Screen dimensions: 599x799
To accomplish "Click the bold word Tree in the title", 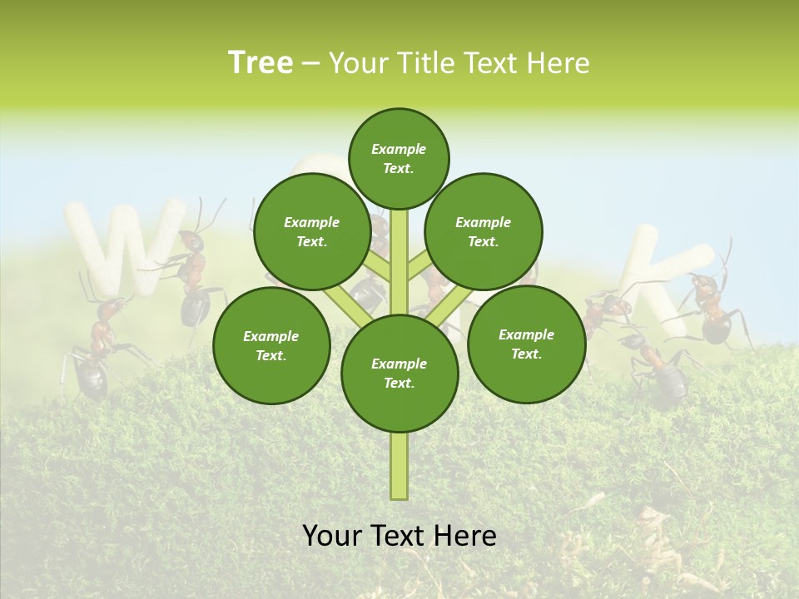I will click(261, 63).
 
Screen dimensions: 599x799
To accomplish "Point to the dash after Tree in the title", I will click(310, 64).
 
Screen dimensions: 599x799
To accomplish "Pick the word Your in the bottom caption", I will click(332, 536).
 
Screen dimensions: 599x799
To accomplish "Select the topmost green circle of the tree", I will click(399, 158).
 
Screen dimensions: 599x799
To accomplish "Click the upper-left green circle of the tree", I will click(312, 231).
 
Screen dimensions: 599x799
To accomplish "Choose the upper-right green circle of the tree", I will click(484, 231).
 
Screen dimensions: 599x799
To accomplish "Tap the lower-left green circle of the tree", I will click(271, 345).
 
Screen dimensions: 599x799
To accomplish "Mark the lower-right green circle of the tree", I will click(526, 344).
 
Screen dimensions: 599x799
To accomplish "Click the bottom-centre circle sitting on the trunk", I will click(399, 373).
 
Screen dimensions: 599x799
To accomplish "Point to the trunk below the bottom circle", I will click(399, 466).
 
